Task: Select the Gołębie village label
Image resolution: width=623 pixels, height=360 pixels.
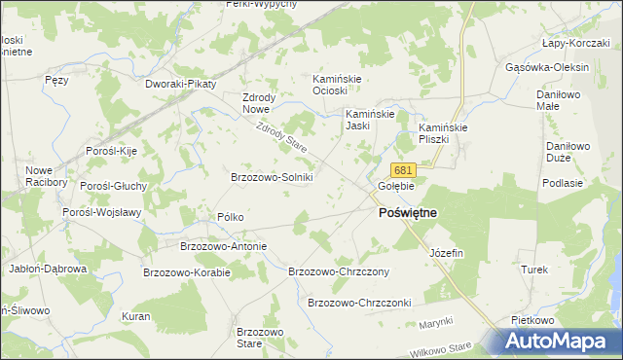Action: tap(396, 186)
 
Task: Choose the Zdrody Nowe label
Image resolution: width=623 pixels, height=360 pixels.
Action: tap(260, 102)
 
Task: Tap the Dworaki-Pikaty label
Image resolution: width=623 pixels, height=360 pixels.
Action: tap(180, 85)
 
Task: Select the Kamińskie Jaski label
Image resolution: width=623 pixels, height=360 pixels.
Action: tap(370, 120)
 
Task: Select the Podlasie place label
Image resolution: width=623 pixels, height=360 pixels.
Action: tap(564, 183)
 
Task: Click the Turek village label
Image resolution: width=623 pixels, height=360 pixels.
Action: tap(535, 270)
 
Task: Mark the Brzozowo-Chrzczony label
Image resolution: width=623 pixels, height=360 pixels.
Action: tap(340, 271)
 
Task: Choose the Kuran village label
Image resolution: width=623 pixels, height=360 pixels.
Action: tap(135, 317)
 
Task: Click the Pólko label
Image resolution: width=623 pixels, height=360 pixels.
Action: tap(231, 217)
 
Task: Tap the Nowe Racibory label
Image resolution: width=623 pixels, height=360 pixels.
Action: tap(46, 175)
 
